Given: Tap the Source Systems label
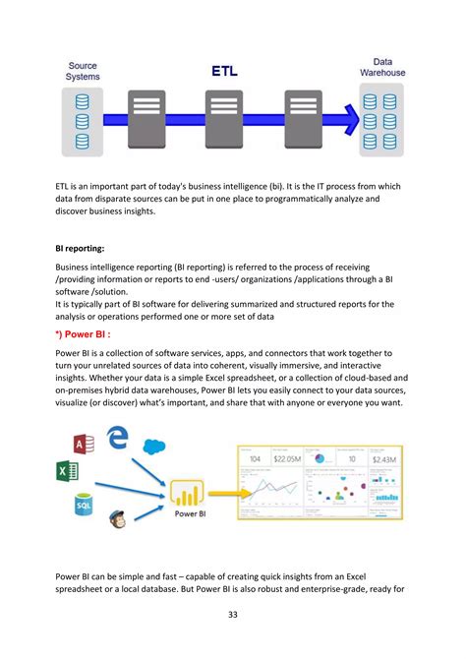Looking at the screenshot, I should (x=83, y=70).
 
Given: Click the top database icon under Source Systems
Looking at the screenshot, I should (x=83, y=100).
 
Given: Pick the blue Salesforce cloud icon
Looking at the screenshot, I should (x=152, y=448).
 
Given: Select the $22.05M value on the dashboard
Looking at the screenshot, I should (x=287, y=459).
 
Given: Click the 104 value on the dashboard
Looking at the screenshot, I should (x=254, y=459).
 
